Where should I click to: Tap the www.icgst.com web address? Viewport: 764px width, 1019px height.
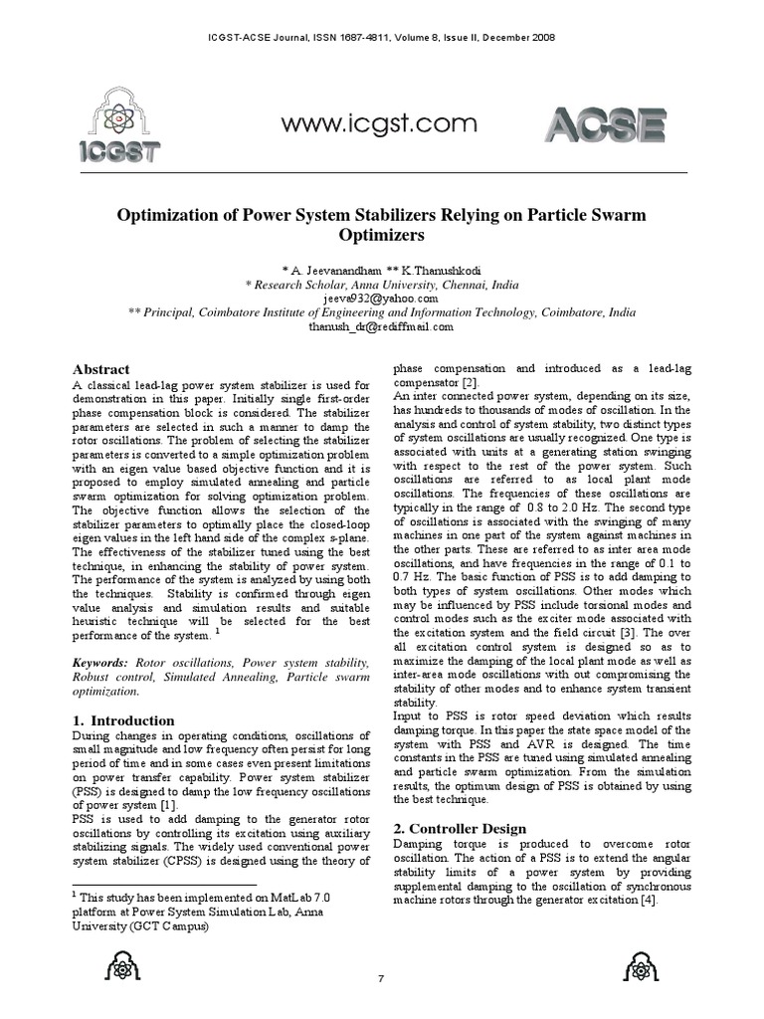pyautogui.click(x=379, y=124)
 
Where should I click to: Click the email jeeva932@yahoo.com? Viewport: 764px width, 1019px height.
pyautogui.click(x=381, y=298)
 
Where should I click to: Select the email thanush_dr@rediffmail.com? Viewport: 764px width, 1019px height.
pyautogui.click(x=381, y=325)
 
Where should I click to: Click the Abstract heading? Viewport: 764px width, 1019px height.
pyautogui.click(x=100, y=369)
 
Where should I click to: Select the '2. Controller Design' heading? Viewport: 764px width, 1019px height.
pyautogui.click(x=461, y=828)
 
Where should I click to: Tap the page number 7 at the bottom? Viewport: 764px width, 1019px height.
pyautogui.click(x=381, y=979)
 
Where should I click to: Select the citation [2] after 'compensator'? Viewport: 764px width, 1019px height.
pyautogui.click(x=471, y=382)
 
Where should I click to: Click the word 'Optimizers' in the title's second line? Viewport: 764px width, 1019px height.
pyautogui.click(x=382, y=236)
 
